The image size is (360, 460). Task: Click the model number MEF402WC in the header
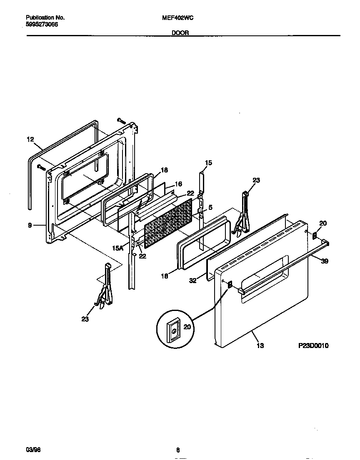[x=179, y=18]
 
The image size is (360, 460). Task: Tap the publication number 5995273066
[x=42, y=25]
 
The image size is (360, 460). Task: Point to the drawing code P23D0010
[x=313, y=345]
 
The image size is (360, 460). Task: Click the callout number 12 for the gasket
[x=30, y=140]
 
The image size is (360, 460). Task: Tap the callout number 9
[x=30, y=226]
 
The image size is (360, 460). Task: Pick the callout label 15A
[x=118, y=248]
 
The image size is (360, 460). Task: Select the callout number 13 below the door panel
[x=260, y=345]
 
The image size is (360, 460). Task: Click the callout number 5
[x=210, y=207]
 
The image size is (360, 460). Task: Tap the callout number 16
[x=178, y=184]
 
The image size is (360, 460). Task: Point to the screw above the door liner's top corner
[x=121, y=120]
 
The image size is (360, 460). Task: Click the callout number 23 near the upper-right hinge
[x=256, y=180]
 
